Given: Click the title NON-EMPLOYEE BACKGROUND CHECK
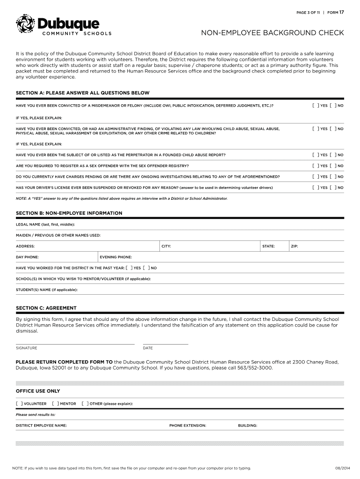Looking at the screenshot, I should (273, 33).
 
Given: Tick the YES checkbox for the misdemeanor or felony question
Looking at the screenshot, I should (315, 106).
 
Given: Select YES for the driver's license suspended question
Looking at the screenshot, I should (315, 188).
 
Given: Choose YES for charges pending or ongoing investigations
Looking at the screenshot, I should (315, 177).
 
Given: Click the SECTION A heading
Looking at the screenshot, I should (83, 93).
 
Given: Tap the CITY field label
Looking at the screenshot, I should (166, 246).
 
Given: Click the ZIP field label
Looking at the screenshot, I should (295, 246).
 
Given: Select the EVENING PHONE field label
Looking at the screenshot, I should (116, 257).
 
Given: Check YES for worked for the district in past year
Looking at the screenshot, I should (129, 268).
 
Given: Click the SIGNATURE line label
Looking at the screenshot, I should (27, 348).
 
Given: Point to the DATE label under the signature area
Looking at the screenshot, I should (148, 348).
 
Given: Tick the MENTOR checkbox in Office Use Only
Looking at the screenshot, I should (55, 403).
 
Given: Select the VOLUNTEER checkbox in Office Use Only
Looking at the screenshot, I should (19, 403).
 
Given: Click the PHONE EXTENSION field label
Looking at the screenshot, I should (187, 426).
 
